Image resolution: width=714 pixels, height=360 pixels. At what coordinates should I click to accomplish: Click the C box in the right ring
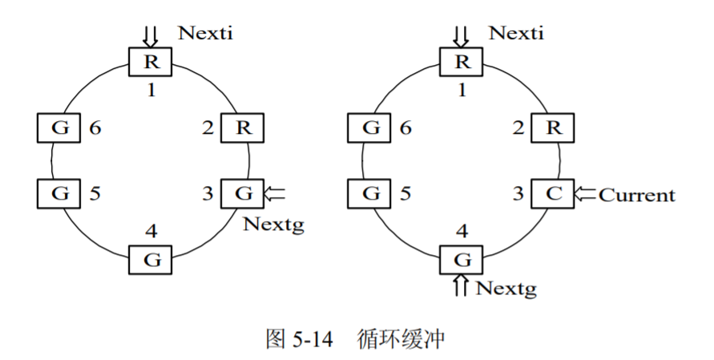click(551, 194)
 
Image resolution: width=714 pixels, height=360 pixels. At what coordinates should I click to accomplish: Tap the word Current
click(637, 195)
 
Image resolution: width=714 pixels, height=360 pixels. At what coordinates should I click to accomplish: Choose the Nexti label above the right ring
click(516, 33)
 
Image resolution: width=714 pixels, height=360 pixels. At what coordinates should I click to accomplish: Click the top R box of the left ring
click(151, 61)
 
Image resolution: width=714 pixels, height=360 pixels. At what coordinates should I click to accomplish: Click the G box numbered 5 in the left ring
click(60, 193)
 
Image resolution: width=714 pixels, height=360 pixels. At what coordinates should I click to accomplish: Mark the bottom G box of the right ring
click(462, 260)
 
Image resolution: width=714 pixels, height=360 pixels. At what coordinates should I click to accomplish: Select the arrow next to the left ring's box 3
click(274, 193)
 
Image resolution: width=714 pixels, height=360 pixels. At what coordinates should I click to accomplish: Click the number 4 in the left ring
click(151, 233)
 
